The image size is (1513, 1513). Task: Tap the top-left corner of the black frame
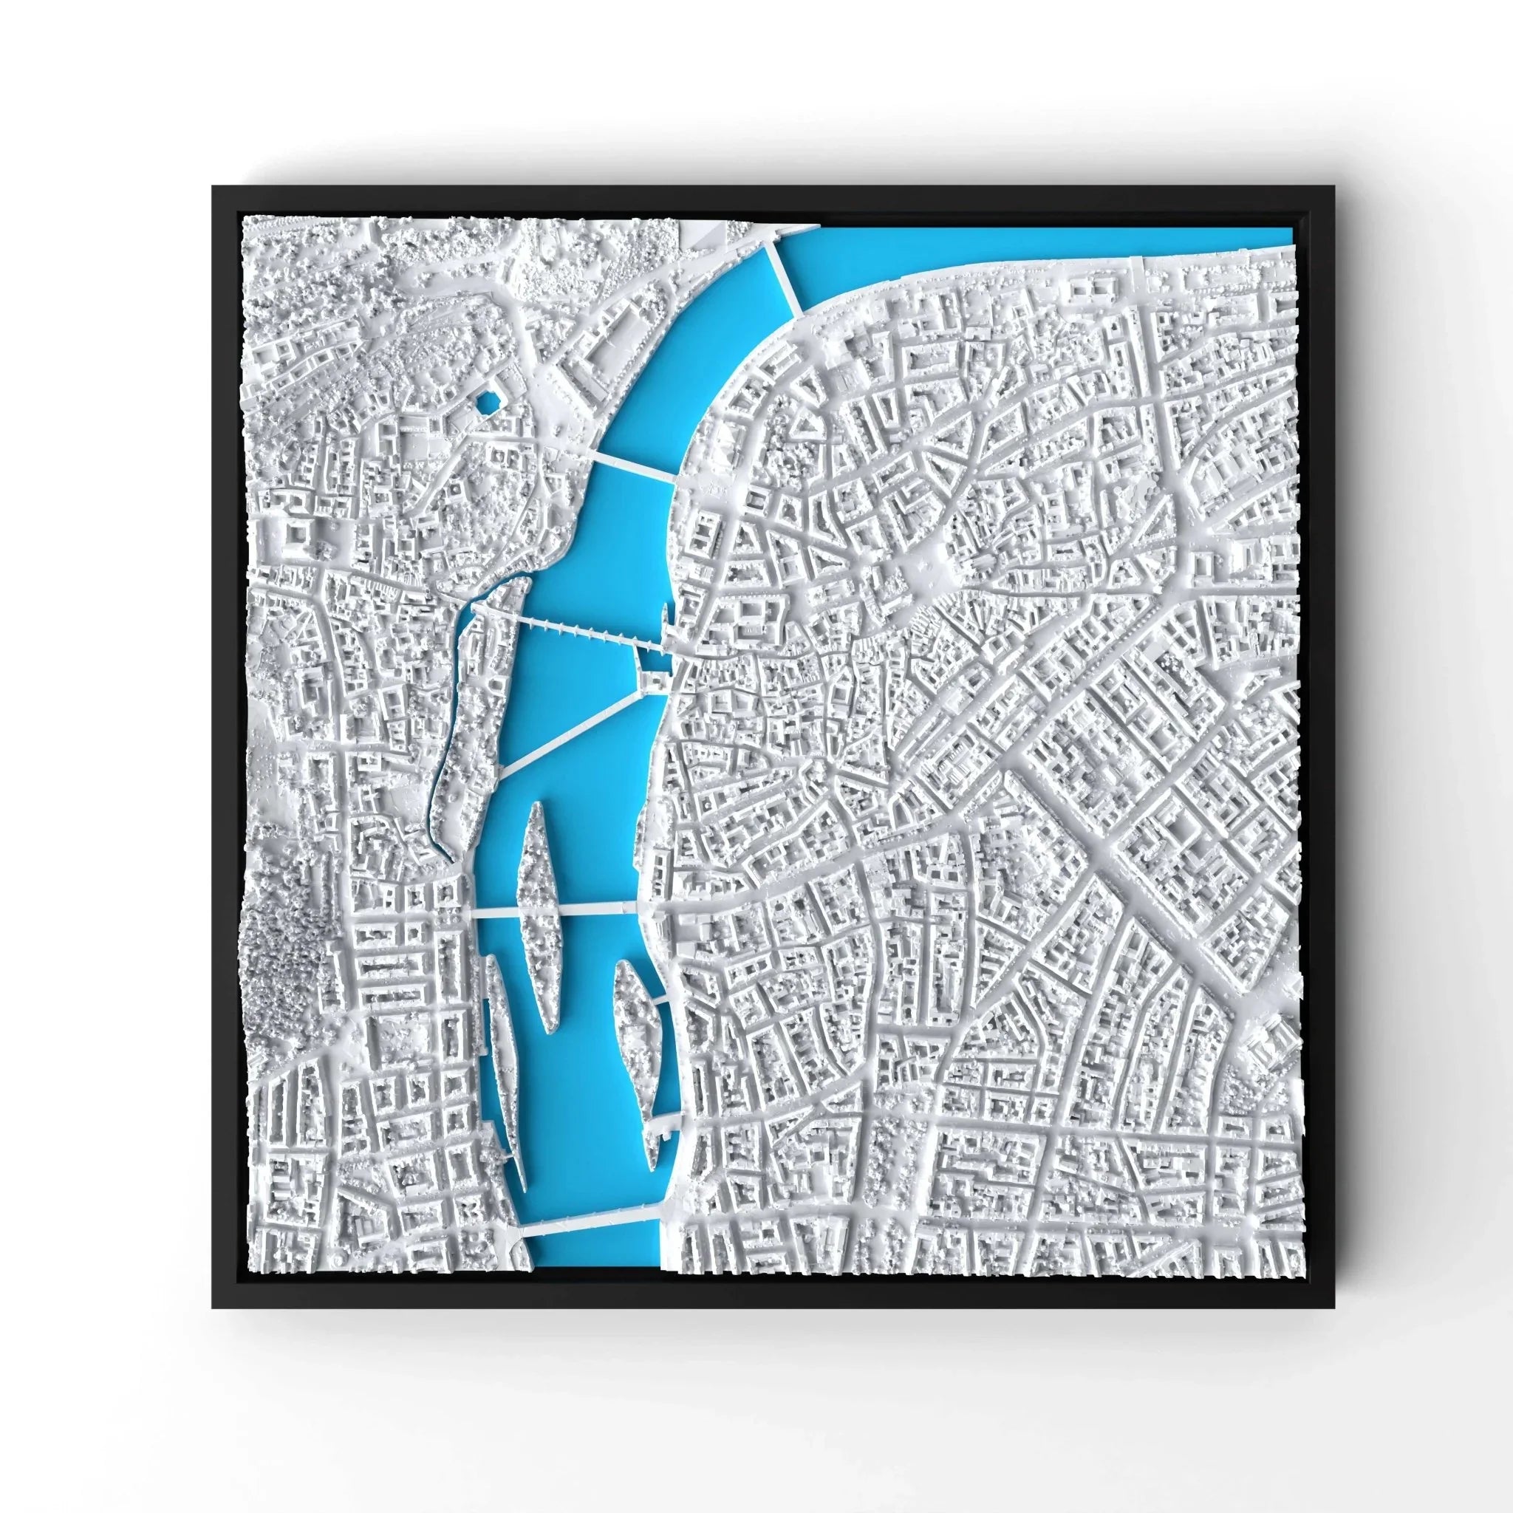(214, 188)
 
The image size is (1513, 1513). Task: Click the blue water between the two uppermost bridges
(689, 352)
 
